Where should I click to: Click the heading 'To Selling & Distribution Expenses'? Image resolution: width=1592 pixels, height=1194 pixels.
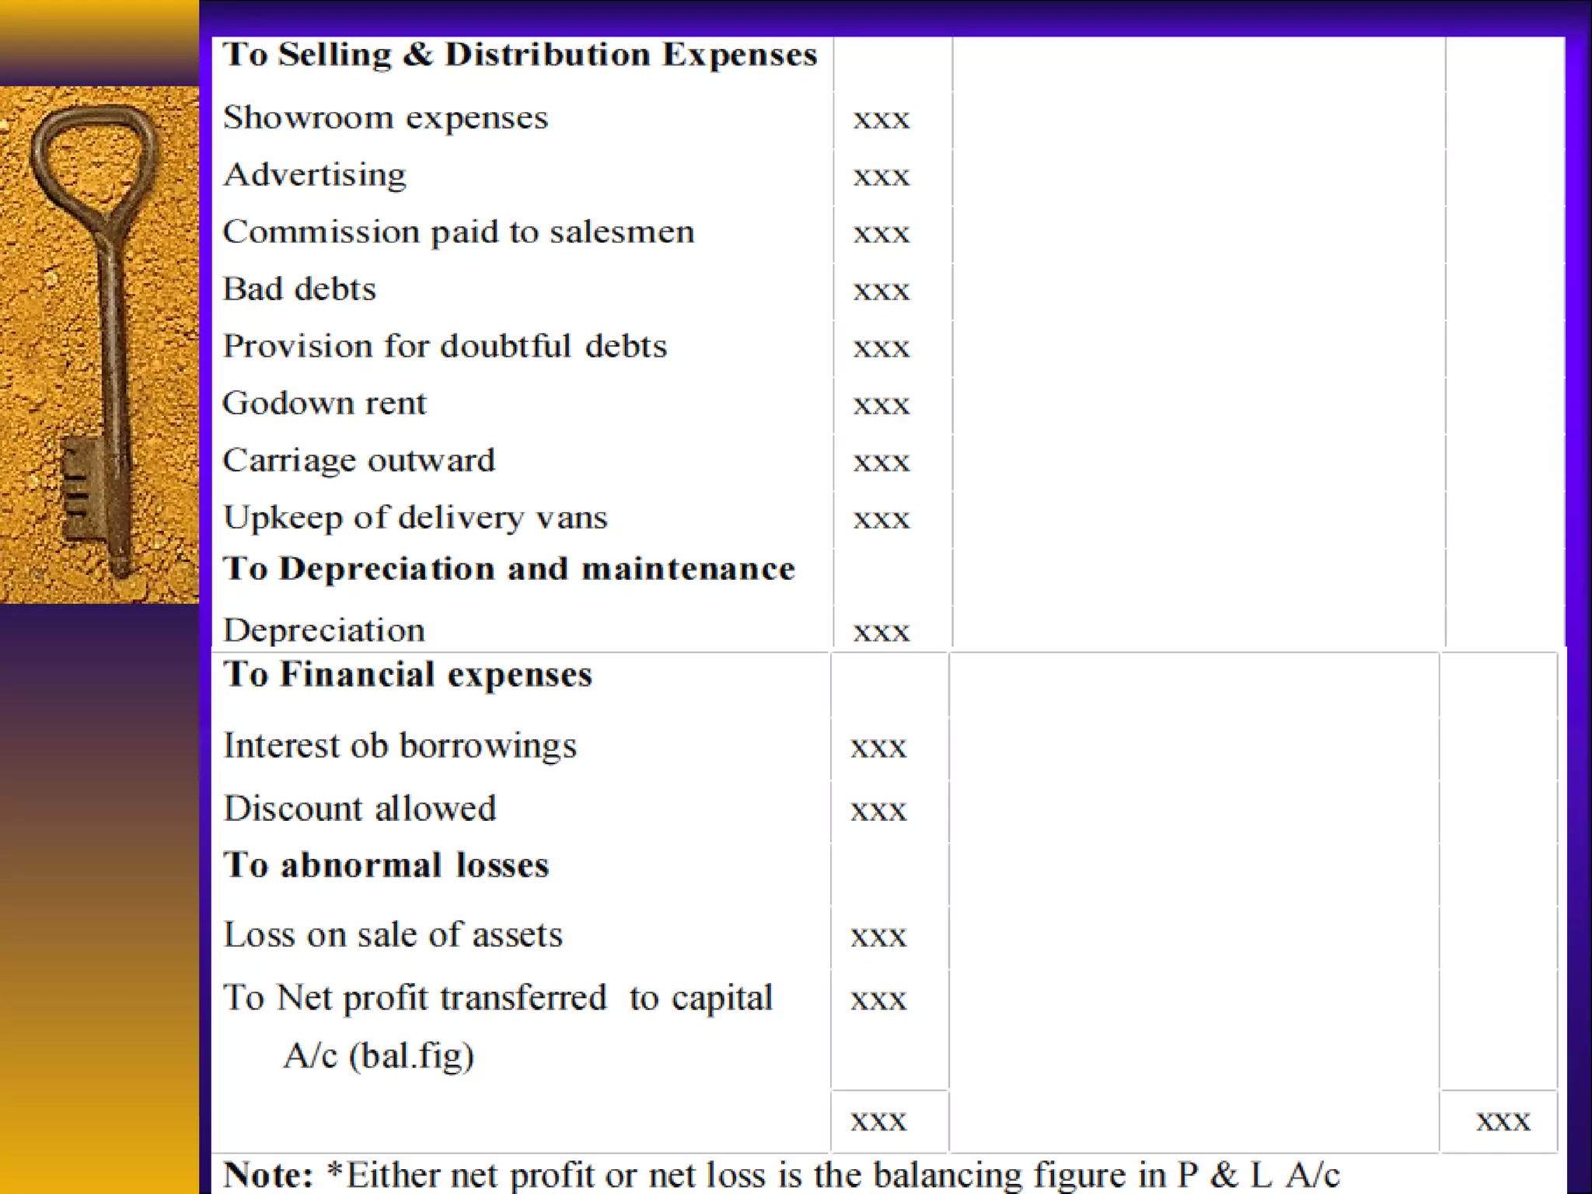pos(519,55)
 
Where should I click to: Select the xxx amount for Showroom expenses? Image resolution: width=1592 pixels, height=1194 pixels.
pos(881,120)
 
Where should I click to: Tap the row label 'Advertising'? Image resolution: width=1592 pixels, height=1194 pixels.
pos(315,175)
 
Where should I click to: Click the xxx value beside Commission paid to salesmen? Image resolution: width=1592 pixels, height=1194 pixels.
pos(881,234)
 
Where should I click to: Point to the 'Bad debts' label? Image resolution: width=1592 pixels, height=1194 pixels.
pos(299,289)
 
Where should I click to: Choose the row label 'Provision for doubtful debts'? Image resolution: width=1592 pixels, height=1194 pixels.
pos(445,347)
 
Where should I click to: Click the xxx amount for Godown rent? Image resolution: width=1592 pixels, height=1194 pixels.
pos(881,405)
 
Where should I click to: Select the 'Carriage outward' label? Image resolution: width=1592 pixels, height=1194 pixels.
pos(358,461)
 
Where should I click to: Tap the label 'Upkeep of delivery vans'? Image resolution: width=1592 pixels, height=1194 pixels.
pos(415,518)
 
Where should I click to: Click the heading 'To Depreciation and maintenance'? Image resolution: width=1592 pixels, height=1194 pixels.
pos(509,569)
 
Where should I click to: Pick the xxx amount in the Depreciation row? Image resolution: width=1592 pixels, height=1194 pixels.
pos(881,632)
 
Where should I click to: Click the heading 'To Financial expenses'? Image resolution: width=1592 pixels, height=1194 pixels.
pos(407,675)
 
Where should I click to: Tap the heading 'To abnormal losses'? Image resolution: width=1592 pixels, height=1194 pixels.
pos(386,865)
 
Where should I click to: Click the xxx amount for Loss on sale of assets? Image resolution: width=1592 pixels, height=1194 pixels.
pos(878,937)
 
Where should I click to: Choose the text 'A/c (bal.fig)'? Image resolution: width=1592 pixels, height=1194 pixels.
pos(379,1056)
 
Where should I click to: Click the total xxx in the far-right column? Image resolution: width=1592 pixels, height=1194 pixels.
pos(1503,1121)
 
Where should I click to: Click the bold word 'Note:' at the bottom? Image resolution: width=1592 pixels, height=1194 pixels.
pos(268,1175)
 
